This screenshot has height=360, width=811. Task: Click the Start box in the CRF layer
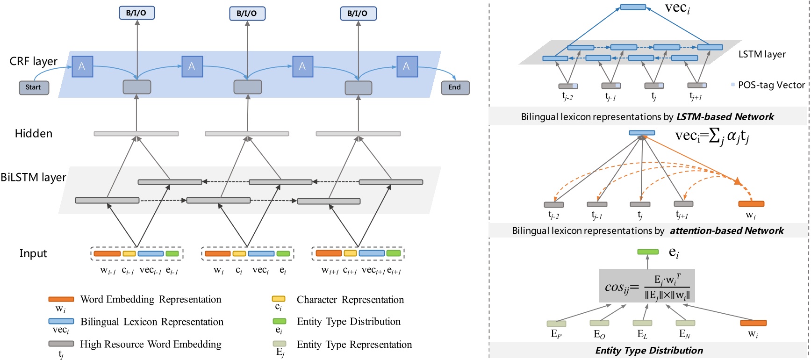[x=34, y=87]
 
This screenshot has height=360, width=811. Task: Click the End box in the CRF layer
[x=455, y=87]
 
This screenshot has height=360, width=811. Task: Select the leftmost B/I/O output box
[x=136, y=13]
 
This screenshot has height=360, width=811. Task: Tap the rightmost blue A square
[x=406, y=66]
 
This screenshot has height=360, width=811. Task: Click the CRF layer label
[x=33, y=61]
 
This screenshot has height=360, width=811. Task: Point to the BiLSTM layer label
[x=33, y=178]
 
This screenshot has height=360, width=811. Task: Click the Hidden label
[x=33, y=134]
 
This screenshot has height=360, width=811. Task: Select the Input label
[x=33, y=253]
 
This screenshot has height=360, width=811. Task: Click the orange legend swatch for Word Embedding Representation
[x=61, y=299]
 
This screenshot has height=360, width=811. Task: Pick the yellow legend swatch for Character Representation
[x=279, y=299]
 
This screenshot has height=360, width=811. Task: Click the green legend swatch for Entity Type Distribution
[x=280, y=321]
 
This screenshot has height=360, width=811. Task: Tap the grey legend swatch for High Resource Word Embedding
[x=61, y=344]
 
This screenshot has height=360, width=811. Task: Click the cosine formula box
[x=647, y=286]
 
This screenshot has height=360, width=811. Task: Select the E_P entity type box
[x=556, y=324]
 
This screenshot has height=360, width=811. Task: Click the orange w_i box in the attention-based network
[x=751, y=204]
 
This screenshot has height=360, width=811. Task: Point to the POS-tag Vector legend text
[x=771, y=85]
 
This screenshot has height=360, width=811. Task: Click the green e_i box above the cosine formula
[x=648, y=252]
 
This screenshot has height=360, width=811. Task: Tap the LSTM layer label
[x=762, y=54]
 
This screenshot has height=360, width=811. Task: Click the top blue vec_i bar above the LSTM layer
[x=633, y=7]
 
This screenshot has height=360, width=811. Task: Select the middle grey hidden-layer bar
[x=247, y=134]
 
